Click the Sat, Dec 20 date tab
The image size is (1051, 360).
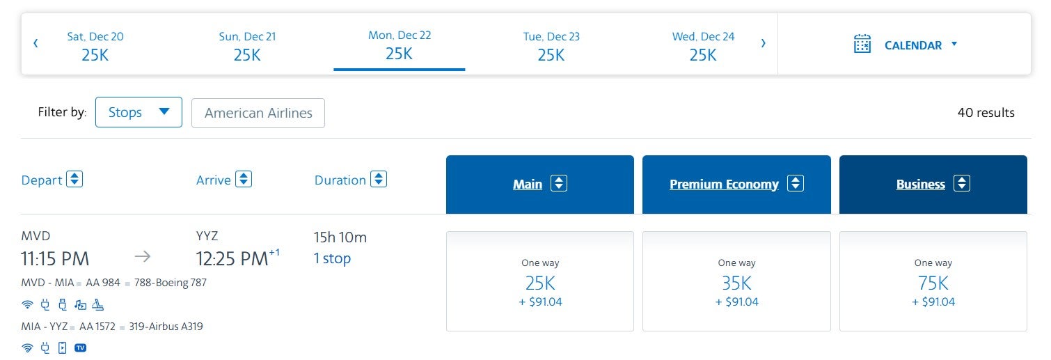coord(95,46)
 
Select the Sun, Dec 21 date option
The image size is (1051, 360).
coord(247,46)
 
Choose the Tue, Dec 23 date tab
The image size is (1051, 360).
coord(551,46)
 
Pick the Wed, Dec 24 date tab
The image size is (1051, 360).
coord(703,46)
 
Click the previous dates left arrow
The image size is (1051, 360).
coord(35,43)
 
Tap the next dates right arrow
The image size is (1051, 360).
coord(763,43)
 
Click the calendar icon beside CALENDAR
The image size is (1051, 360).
coord(862,44)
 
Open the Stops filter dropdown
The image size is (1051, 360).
coord(139,112)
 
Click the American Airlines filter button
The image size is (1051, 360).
coord(258,113)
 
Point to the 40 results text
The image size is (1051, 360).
coord(986,113)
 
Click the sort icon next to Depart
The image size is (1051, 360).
coord(74,180)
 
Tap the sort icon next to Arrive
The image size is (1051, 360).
coord(243,180)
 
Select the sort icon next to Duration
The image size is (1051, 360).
coord(378,180)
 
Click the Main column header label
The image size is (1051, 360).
coord(528,185)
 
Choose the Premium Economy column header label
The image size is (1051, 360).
coord(724,185)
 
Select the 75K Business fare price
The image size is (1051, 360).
coord(933,283)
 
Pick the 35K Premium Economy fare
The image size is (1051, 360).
coord(736,283)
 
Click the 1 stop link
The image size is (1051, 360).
coord(332,258)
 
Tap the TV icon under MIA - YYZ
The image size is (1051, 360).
coord(80,347)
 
